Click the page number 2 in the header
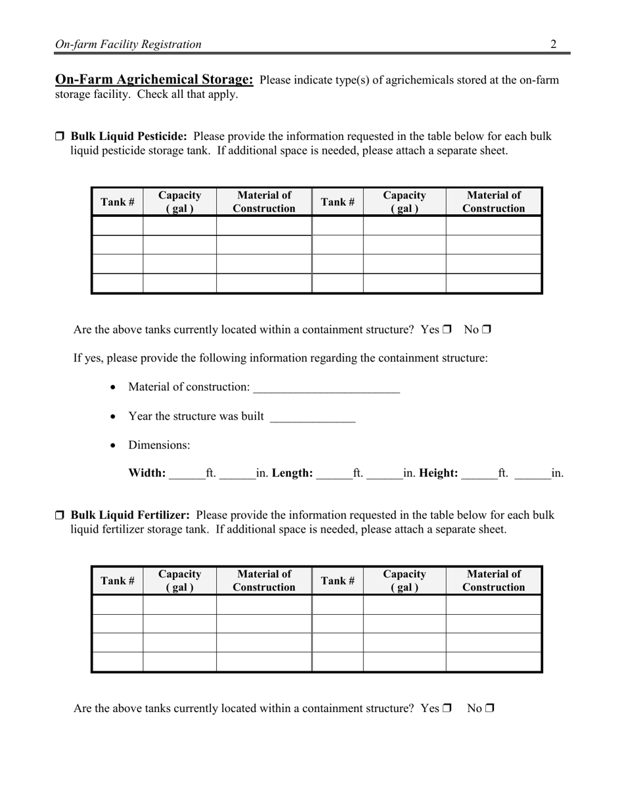tap(553, 44)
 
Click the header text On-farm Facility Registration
tap(128, 44)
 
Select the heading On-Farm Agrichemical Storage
tap(154, 79)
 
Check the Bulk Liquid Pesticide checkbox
tap(59, 137)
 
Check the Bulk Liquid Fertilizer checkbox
tap(59, 515)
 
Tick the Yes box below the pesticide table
tap(447, 330)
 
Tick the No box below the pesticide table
tap(487, 330)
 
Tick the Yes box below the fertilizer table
tap(447, 708)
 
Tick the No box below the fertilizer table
tap(489, 708)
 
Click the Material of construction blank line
tap(326, 388)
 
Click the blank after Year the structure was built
tap(312, 418)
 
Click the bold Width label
tap(147, 473)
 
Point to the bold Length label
tap(292, 473)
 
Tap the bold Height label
tap(438, 473)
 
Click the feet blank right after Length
tap(334, 474)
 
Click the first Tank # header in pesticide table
tap(118, 202)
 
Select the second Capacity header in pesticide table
tap(404, 202)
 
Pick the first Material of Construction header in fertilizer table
tap(263, 580)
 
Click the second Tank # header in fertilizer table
tap(338, 580)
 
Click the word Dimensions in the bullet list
tap(159, 445)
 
